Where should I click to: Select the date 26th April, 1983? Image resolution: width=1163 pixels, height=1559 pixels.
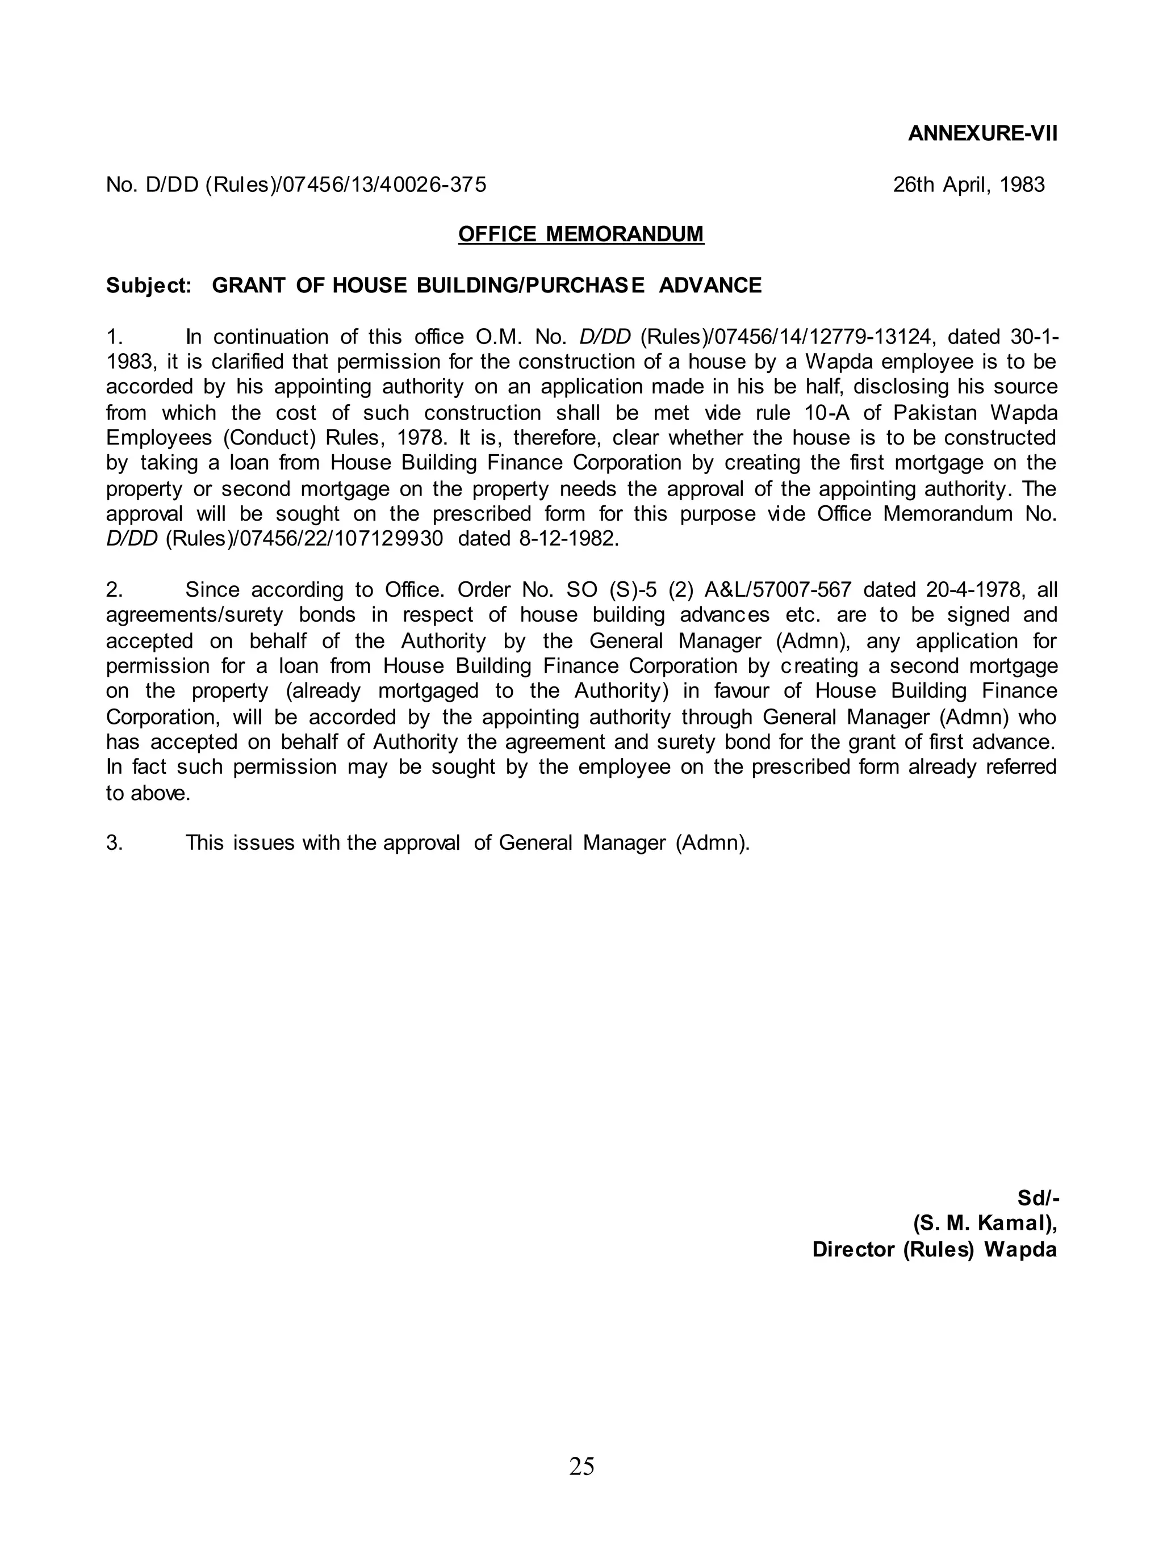pyautogui.click(x=969, y=185)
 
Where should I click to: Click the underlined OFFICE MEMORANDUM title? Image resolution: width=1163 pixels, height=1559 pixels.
pyautogui.click(x=581, y=234)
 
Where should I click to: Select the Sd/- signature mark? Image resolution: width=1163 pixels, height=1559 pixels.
pyautogui.click(x=1038, y=1198)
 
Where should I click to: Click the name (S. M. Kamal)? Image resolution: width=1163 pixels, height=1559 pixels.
pyautogui.click(x=984, y=1223)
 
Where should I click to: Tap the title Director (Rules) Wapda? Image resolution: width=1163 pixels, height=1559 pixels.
pyautogui.click(x=934, y=1250)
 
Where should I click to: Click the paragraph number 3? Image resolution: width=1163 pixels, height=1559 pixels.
pyautogui.click(x=114, y=843)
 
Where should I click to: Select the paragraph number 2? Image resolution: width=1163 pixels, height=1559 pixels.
pyautogui.click(x=114, y=589)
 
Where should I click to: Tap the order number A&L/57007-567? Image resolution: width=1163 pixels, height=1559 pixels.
pyautogui.click(x=778, y=589)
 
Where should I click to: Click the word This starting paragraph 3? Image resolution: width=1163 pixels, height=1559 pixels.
pyautogui.click(x=203, y=843)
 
